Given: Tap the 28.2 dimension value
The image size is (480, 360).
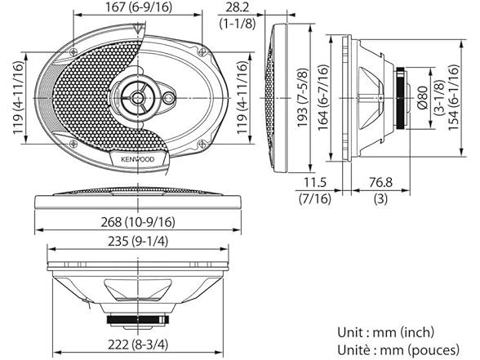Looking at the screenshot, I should pos(241,7).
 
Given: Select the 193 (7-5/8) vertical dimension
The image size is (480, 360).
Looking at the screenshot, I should pos(303,99).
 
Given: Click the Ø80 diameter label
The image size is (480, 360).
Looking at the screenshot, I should pos(423,99).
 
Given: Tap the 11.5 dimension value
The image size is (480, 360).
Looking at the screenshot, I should pos(309,181).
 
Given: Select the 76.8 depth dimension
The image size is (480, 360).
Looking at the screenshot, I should pos(378,181).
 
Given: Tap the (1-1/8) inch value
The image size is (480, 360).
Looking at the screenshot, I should pos(241,24).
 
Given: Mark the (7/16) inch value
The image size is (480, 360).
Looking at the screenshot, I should pos(309,199).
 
